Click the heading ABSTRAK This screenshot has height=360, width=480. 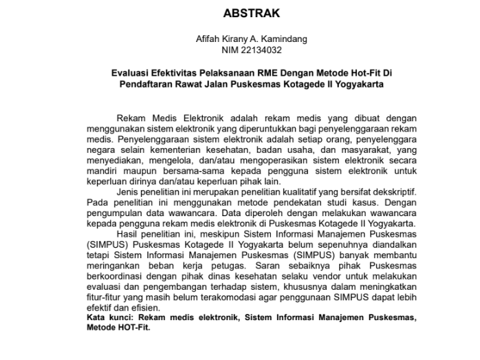(252, 12)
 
